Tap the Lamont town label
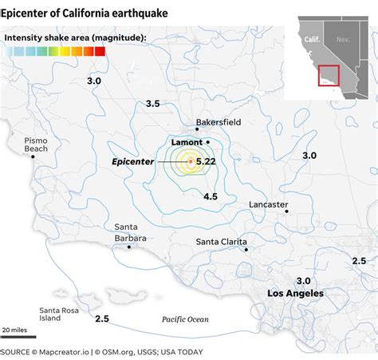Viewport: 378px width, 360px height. pyautogui.click(x=187, y=142)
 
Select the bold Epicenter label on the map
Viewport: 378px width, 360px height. pyautogui.click(x=132, y=161)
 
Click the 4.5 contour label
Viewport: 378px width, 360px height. pyautogui.click(x=211, y=196)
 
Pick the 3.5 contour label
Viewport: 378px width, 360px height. pyautogui.click(x=153, y=103)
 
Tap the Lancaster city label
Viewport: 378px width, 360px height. pyautogui.click(x=268, y=204)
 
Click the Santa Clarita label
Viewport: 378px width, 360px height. pyautogui.click(x=221, y=242)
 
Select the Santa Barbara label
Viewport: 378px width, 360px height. pyautogui.click(x=129, y=232)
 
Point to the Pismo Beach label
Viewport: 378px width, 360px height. pyautogui.click(x=36, y=144)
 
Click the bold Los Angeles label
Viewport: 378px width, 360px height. pyautogui.click(x=295, y=294)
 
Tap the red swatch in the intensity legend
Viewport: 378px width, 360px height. pyautogui.click(x=100, y=51)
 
